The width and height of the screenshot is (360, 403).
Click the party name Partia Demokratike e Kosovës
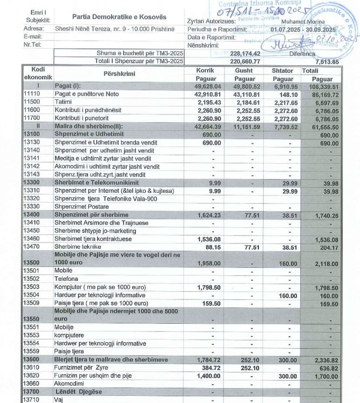112,17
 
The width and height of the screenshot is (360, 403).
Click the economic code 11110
32,94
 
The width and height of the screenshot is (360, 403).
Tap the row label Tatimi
64,102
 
